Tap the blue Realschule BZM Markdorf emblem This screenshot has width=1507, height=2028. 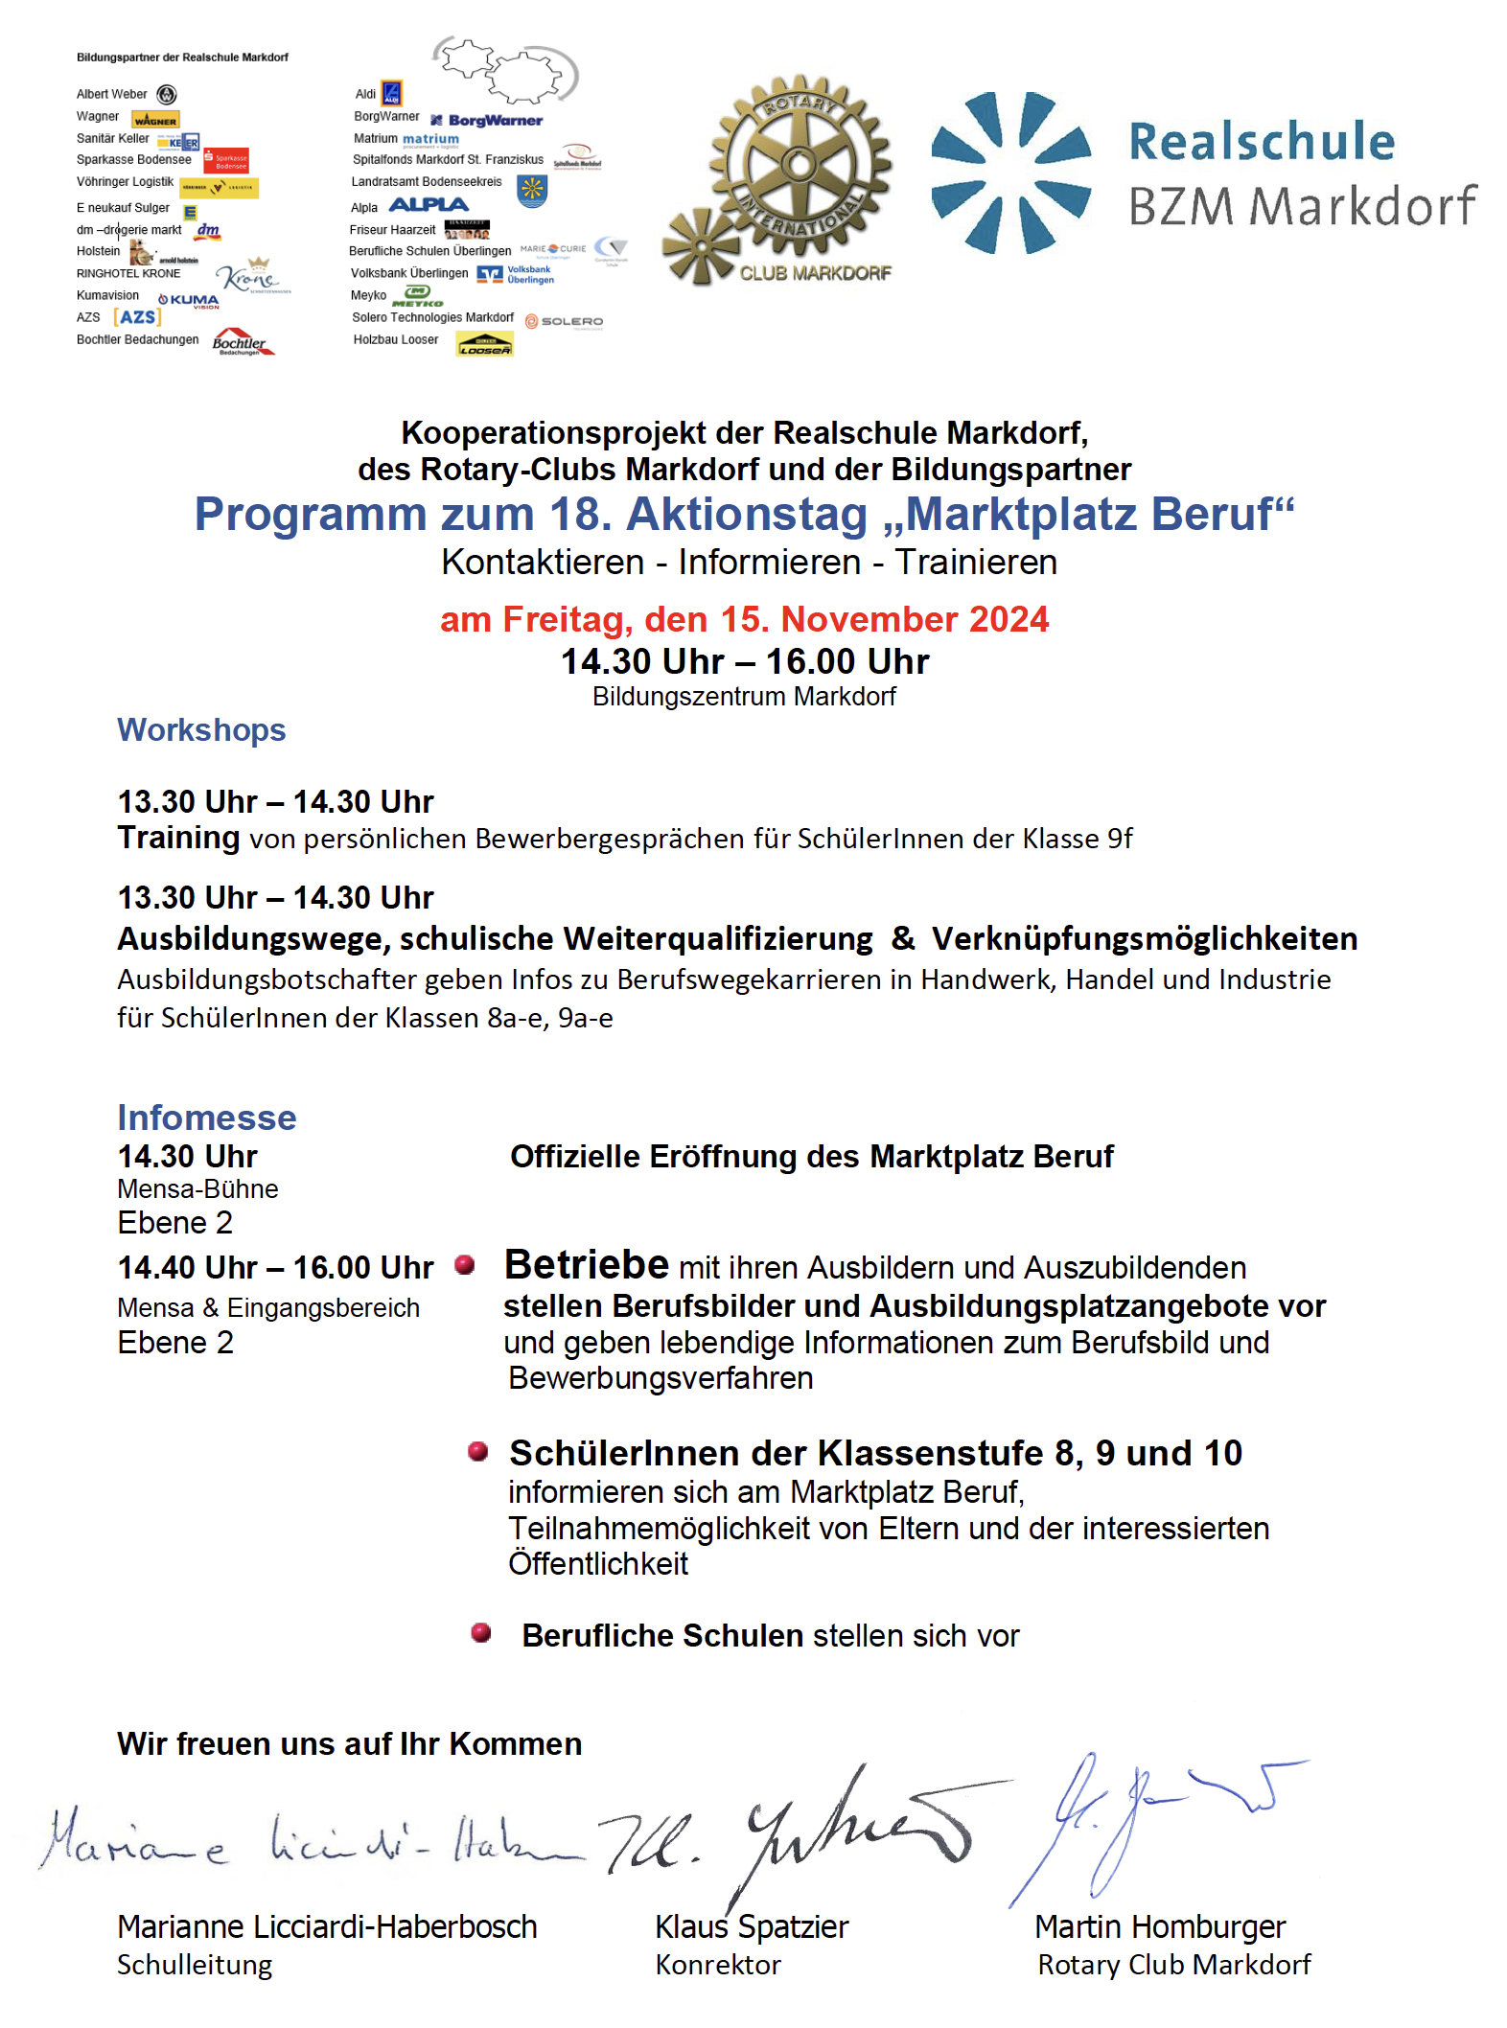(x=1010, y=173)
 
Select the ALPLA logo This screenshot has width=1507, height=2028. (x=429, y=205)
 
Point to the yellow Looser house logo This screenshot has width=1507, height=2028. (x=484, y=344)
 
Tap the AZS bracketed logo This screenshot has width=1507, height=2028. (x=137, y=317)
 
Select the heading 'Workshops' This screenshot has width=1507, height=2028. (x=201, y=730)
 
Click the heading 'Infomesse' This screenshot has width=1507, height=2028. (x=207, y=1118)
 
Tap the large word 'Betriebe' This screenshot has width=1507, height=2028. (x=587, y=1264)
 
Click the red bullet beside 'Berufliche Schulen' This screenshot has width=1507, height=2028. (x=481, y=1632)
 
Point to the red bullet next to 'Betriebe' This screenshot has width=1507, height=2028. (x=465, y=1265)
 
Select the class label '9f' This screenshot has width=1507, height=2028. (x=1120, y=839)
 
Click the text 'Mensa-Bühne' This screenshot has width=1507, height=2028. (x=197, y=1189)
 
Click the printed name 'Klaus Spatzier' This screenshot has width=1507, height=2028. (x=752, y=1926)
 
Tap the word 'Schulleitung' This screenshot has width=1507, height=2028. (x=195, y=1965)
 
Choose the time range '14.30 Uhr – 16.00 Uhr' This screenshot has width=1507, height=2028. (x=745, y=661)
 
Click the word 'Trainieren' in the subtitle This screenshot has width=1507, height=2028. (x=976, y=563)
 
